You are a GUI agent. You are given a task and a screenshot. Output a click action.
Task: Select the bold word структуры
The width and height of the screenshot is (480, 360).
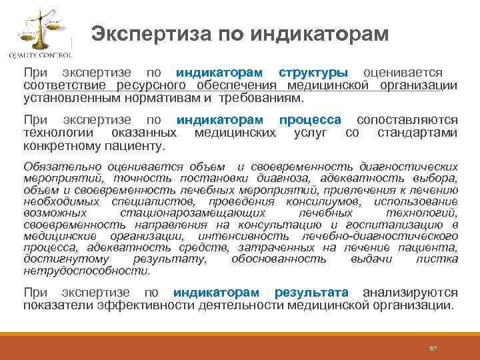pos(313,72)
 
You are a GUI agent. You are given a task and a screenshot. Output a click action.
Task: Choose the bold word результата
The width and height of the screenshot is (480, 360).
pos(311,293)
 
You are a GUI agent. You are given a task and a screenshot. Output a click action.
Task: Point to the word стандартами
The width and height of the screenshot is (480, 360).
pos(417,133)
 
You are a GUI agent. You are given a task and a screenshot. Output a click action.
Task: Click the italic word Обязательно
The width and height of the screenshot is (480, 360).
pos(55,166)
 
